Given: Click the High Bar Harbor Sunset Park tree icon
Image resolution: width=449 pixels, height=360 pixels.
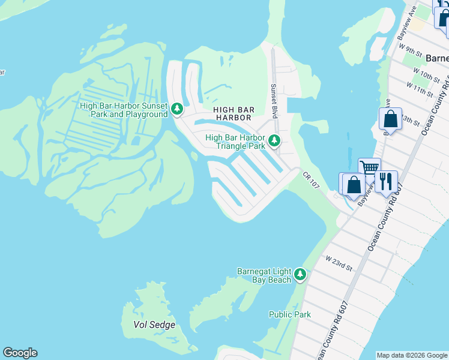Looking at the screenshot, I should [176, 109].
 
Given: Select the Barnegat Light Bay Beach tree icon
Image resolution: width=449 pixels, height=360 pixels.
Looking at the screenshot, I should [300, 275].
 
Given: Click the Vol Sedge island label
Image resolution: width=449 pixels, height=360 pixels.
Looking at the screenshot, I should [155, 325].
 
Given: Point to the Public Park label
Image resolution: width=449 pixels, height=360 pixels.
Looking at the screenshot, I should [290, 314].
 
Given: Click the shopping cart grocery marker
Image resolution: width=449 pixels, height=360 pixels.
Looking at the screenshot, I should [369, 167].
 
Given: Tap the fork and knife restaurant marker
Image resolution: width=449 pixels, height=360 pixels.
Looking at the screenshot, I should [386, 180].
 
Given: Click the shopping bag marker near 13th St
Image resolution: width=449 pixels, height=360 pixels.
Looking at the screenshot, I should [390, 118].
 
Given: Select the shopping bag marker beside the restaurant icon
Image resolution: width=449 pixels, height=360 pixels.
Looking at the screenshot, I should [353, 184].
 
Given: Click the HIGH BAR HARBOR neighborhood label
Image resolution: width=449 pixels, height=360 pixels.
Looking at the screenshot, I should [234, 113].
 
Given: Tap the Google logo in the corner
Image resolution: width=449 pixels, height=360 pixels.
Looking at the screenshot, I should [20, 353].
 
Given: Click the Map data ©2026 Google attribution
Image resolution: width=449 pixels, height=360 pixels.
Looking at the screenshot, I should [412, 355].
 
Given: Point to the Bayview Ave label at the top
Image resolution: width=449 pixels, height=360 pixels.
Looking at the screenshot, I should [408, 28].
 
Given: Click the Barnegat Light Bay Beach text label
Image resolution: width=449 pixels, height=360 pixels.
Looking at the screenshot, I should [264, 275].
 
